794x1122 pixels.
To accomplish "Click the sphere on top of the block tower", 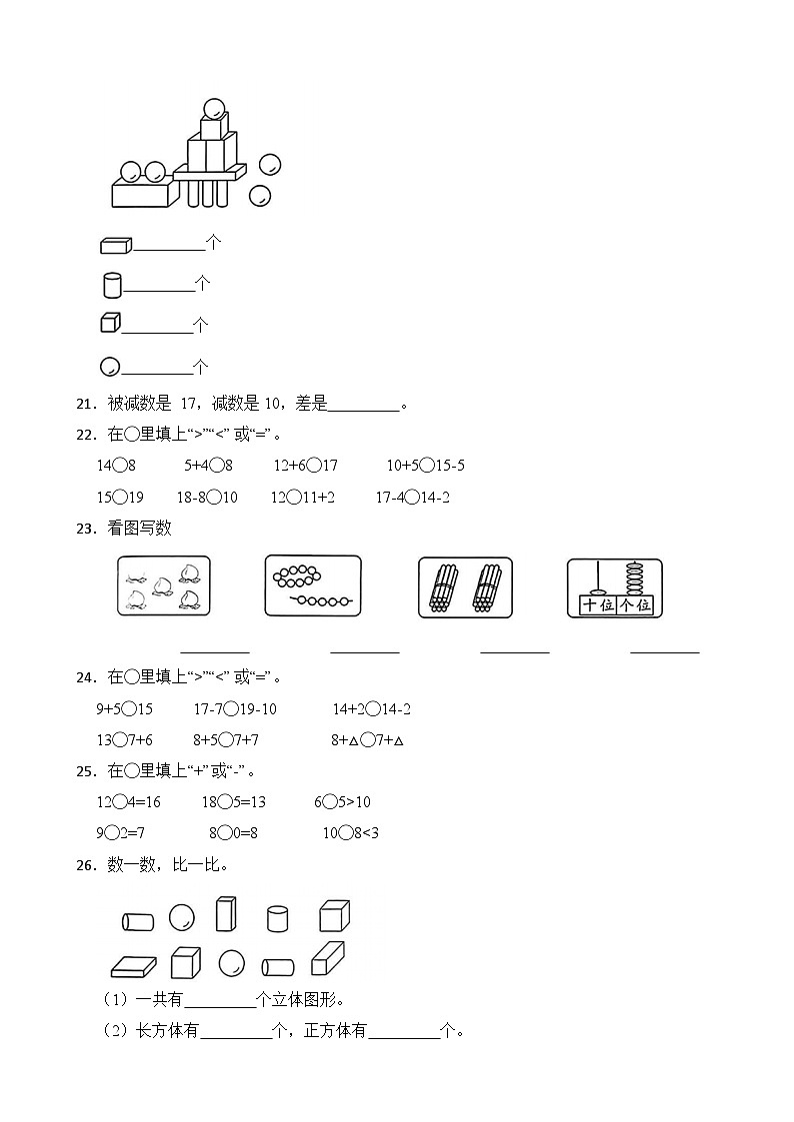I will (213, 107).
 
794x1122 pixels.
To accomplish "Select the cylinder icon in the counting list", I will (112, 286).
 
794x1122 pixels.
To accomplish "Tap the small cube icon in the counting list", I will (110, 323).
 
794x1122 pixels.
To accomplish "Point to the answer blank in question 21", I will (363, 405).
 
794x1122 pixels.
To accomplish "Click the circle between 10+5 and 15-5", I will (428, 466).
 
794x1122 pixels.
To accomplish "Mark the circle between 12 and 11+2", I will (293, 498).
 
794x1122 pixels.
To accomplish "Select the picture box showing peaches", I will (164, 586).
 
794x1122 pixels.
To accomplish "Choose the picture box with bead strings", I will (313, 586).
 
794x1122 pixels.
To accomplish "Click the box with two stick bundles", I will (464, 587).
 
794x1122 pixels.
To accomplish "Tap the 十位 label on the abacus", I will (597, 605).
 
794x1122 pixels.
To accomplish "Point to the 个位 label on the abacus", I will (635, 605).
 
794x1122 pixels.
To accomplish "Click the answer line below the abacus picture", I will (664, 650).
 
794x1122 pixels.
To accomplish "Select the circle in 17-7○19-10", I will (231, 709).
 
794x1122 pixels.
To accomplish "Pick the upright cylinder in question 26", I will (278, 918).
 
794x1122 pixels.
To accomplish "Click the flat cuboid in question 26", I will (133, 966).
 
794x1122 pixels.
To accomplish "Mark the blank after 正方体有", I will (404, 1031).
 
